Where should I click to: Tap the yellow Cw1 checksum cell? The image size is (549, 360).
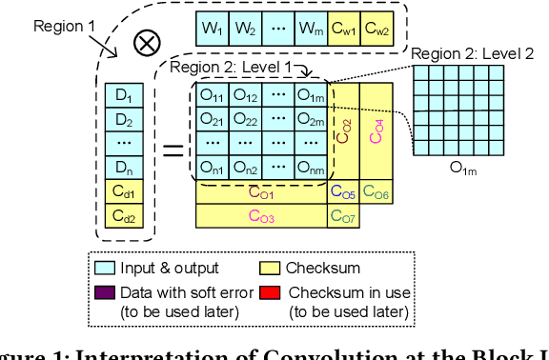[x=344, y=29]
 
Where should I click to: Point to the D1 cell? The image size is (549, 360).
[x=122, y=95]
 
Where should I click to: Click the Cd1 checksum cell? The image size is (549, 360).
[x=122, y=193]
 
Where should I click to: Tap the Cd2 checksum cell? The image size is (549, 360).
[x=122, y=217]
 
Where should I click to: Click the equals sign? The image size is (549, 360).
[x=172, y=148]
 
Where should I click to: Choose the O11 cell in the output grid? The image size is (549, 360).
[x=212, y=96]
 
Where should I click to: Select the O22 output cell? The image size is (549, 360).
[x=246, y=120]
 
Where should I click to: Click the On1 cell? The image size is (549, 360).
[x=212, y=169]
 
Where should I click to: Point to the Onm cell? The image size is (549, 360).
[x=309, y=169]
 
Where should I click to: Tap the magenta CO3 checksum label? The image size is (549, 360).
[x=261, y=217]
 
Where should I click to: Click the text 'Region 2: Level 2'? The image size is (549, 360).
[x=473, y=55]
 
